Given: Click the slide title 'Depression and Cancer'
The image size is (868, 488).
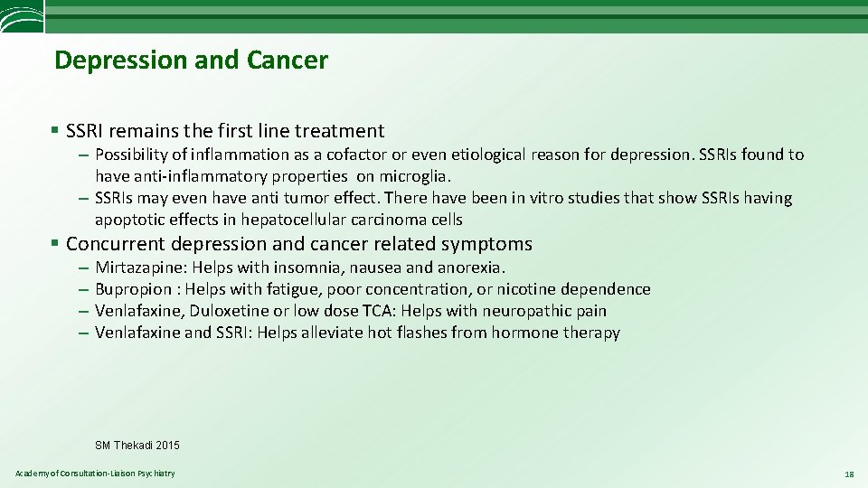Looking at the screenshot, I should (x=191, y=61).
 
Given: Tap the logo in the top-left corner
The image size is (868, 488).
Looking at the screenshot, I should (x=20, y=17).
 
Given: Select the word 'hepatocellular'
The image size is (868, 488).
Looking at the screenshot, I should (x=278, y=220).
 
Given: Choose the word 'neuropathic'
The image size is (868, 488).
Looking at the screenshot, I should (x=529, y=311).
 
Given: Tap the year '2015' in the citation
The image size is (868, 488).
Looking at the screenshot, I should (x=167, y=446).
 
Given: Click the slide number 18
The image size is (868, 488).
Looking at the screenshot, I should (x=848, y=474).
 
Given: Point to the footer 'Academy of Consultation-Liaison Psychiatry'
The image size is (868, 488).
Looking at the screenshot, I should (x=95, y=474).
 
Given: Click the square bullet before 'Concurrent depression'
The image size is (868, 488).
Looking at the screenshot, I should (x=56, y=244).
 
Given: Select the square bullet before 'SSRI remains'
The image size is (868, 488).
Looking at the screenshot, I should (x=56, y=132).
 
